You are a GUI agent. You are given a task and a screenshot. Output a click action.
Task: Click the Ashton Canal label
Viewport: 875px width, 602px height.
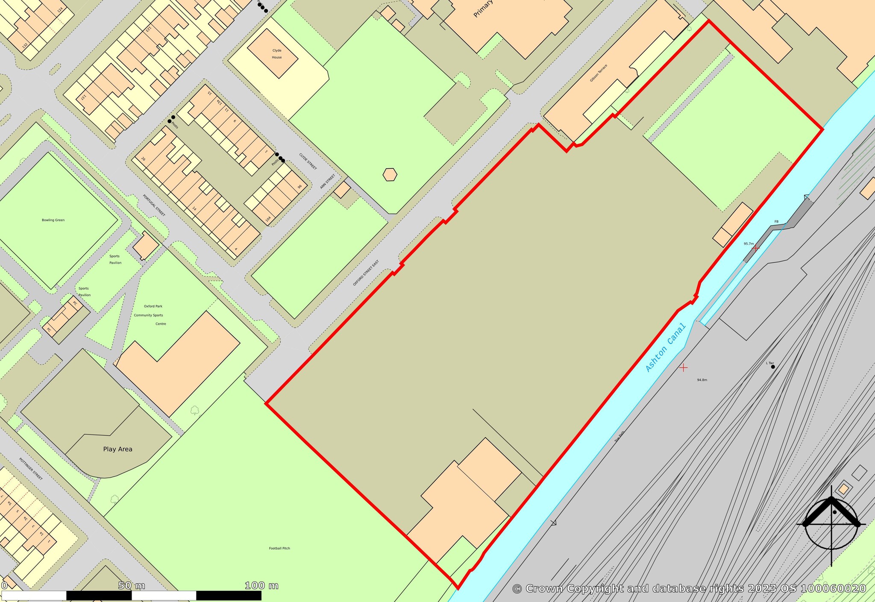(665, 348)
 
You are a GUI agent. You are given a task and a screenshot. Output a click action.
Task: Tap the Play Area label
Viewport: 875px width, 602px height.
(117, 449)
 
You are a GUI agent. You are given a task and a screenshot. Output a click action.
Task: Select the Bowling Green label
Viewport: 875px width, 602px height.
(53, 220)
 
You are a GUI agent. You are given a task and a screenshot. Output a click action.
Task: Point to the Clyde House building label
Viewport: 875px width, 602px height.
(277, 54)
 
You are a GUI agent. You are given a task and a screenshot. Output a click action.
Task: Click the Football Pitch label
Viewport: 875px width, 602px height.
(279, 548)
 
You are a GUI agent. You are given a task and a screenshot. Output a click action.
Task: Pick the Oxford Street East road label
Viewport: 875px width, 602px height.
(366, 273)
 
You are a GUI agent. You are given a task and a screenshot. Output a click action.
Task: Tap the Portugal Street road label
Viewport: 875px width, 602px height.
(154, 205)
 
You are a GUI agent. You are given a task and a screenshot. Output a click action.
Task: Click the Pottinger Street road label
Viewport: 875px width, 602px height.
(31, 469)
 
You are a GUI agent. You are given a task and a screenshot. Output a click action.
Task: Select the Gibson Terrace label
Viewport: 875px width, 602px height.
(599, 73)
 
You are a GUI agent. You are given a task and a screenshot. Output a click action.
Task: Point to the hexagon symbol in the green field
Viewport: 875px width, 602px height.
(390, 175)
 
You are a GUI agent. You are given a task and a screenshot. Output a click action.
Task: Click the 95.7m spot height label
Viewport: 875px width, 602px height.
(749, 244)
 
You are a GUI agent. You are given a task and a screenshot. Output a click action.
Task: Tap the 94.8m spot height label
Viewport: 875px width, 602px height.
(702, 380)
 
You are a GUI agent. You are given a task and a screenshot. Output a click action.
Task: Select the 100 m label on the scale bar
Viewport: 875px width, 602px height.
(261, 585)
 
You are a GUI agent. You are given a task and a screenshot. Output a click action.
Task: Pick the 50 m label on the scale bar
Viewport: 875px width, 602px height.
(132, 585)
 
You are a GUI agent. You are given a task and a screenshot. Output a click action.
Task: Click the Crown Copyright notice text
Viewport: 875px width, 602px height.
(689, 588)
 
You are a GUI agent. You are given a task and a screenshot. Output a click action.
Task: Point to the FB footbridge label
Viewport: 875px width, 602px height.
(776, 222)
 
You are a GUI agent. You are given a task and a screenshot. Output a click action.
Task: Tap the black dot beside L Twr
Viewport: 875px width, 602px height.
(773, 367)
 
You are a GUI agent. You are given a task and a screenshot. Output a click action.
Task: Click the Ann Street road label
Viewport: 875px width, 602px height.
(328, 182)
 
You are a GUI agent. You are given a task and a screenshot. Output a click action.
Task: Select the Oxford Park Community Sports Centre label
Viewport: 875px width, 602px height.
(149, 315)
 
